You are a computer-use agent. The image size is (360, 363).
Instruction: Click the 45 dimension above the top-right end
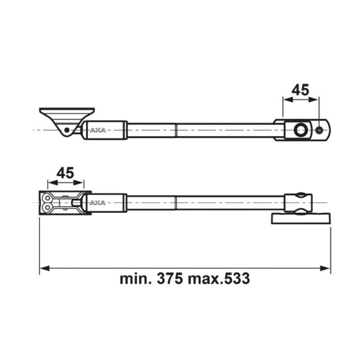(300, 90)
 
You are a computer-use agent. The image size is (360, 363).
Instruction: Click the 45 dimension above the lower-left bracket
(66, 173)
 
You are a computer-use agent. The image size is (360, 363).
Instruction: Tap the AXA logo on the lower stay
(98, 203)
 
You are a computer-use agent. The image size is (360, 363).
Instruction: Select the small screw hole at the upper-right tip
(320, 130)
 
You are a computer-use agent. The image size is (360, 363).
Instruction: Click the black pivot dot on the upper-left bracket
(67, 130)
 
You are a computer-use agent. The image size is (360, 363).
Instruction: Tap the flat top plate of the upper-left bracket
(66, 111)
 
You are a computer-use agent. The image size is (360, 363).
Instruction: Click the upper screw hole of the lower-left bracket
(46, 197)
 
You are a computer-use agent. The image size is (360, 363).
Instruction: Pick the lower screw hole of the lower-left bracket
(46, 208)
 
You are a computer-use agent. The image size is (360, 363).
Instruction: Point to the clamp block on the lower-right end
(297, 203)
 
